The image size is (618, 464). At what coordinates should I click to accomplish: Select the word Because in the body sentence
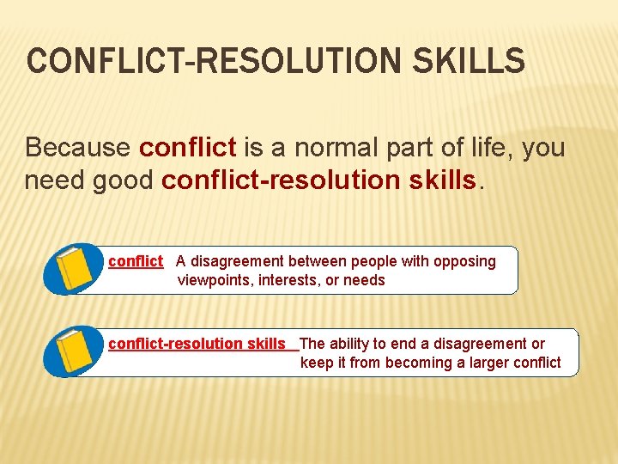coord(78,148)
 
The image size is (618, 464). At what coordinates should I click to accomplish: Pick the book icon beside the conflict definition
coord(75,269)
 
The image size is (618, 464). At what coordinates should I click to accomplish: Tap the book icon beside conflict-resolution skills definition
coord(75,351)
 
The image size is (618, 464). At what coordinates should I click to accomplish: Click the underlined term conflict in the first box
coord(136,261)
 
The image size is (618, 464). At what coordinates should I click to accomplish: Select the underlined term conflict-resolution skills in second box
coord(197,344)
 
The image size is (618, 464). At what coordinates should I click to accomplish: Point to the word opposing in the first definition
coord(465,261)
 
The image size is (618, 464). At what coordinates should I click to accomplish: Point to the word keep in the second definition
coord(317,363)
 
